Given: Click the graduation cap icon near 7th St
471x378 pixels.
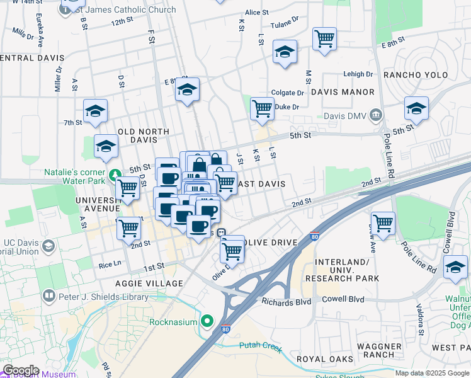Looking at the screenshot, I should (x=96, y=111).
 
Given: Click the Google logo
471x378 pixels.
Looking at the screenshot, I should (x=21, y=370).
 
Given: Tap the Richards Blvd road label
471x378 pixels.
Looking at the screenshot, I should (x=287, y=301).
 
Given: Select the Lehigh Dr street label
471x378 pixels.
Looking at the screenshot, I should (x=358, y=74).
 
